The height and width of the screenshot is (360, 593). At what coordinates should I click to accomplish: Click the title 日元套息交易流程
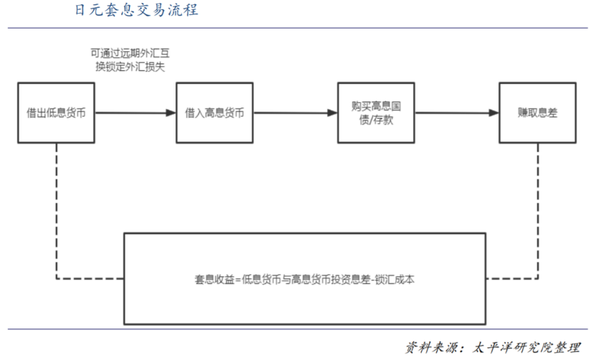click(136, 11)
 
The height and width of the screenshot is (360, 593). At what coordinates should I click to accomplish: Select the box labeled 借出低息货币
click(57, 113)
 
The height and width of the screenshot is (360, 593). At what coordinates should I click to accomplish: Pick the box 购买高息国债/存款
click(377, 113)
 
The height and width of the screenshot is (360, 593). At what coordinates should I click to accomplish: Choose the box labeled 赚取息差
click(536, 113)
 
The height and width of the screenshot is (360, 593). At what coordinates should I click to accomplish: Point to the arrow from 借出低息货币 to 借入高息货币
click(136, 113)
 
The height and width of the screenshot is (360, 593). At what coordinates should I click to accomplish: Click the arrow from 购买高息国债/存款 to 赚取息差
click(457, 113)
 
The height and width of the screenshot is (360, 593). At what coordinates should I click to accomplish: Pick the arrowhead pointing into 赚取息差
click(493, 113)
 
